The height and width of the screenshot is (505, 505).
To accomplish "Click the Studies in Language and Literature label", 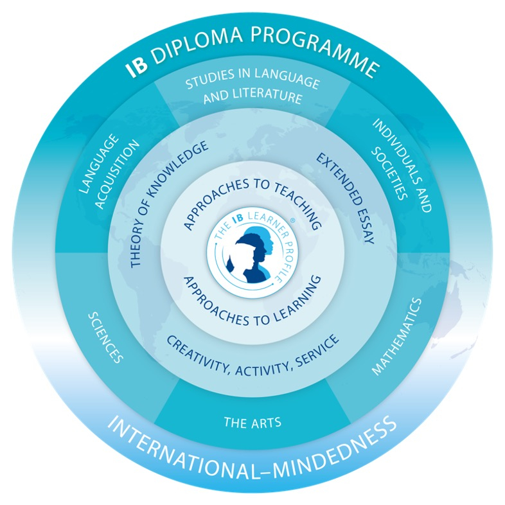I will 253,90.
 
